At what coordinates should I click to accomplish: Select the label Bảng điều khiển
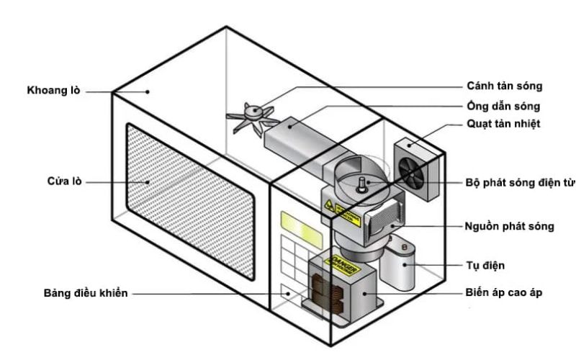click(x=84, y=294)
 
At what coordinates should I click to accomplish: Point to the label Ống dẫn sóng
click(x=500, y=106)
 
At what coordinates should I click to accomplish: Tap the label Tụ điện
click(x=485, y=266)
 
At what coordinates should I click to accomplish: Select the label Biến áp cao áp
click(x=503, y=294)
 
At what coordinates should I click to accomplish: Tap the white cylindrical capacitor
click(x=402, y=266)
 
